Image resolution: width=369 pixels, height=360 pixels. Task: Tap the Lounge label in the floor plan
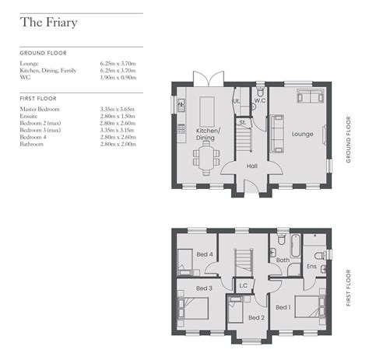(302, 135)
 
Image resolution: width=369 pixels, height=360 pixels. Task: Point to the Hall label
(251, 166)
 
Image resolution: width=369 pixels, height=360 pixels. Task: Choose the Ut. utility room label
(237, 101)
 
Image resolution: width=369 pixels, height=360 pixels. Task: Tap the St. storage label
(242, 123)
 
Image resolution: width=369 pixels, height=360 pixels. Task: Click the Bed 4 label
(205, 255)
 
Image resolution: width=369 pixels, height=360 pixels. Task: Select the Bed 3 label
(204, 288)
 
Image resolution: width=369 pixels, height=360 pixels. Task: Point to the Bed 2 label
(257, 317)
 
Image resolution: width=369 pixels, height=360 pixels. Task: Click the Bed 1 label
(283, 307)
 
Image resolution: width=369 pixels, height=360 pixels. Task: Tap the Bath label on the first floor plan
(283, 260)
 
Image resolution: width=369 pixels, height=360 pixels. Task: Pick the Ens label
(311, 267)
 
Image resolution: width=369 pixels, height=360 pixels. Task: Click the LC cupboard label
(243, 285)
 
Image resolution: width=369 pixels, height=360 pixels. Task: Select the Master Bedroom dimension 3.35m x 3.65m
(118, 110)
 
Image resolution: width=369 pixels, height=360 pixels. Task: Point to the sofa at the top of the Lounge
(310, 97)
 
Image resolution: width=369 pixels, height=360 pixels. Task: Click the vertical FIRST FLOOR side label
(350, 288)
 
